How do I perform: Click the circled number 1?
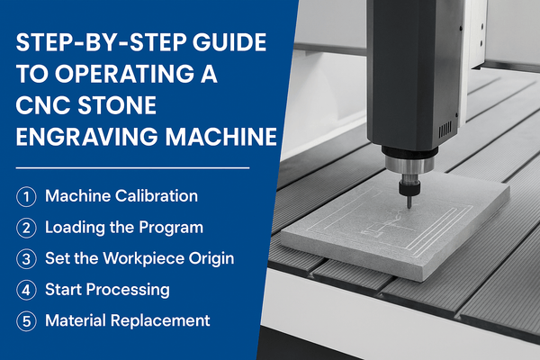tap(27, 196)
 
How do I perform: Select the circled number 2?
tap(27, 227)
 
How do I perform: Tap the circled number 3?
tap(27, 258)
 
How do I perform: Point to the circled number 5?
tap(27, 320)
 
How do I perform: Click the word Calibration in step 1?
tap(156, 196)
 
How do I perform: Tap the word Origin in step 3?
tap(209, 258)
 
